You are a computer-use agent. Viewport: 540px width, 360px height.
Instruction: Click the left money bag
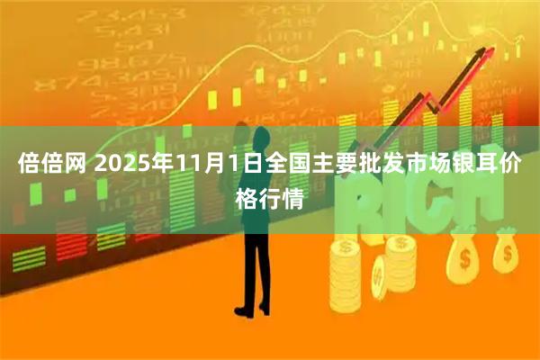[463, 256]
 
